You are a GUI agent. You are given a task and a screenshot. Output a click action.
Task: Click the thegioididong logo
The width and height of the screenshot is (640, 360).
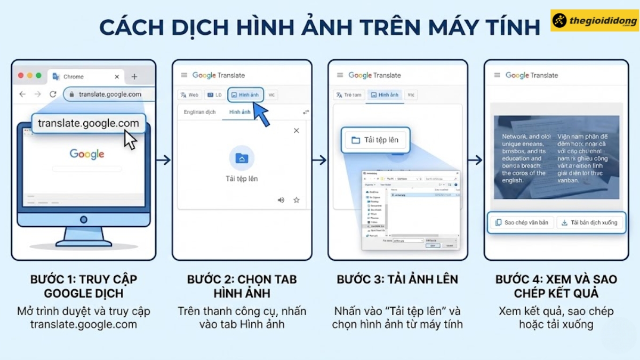[594, 20]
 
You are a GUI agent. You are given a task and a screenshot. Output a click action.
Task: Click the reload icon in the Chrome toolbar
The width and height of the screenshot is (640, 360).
[53, 94]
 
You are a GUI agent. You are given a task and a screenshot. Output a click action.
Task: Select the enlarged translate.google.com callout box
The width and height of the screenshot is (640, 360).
[88, 124]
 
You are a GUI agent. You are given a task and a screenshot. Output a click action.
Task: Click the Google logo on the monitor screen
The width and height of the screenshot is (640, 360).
[87, 154]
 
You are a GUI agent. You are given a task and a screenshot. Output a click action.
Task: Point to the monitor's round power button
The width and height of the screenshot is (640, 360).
[83, 219]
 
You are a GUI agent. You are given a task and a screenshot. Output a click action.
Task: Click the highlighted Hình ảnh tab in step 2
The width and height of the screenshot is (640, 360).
[245, 94]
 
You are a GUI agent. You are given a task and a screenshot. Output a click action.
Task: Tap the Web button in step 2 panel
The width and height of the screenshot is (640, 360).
[189, 95]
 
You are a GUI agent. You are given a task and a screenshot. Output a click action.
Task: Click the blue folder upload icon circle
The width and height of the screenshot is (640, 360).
[242, 158]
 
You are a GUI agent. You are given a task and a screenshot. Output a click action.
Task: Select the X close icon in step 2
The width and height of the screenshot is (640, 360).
[297, 131]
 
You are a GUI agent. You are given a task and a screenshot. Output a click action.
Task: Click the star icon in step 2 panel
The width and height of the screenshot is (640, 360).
[297, 200]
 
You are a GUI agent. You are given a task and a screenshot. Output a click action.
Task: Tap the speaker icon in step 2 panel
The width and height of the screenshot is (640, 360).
[281, 200]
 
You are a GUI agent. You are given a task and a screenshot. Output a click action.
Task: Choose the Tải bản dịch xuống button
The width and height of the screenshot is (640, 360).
[589, 222]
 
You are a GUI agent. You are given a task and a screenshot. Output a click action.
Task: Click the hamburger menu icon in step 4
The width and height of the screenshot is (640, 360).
[497, 75]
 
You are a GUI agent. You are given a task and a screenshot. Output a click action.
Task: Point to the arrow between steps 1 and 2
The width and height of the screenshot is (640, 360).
[164, 160]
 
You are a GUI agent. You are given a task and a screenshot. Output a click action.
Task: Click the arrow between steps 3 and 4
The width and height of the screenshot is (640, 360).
[475, 160]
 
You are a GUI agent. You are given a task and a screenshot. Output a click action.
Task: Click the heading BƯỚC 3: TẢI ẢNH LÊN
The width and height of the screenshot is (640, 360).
[397, 279]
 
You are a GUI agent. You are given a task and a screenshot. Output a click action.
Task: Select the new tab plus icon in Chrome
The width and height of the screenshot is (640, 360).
[134, 76]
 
